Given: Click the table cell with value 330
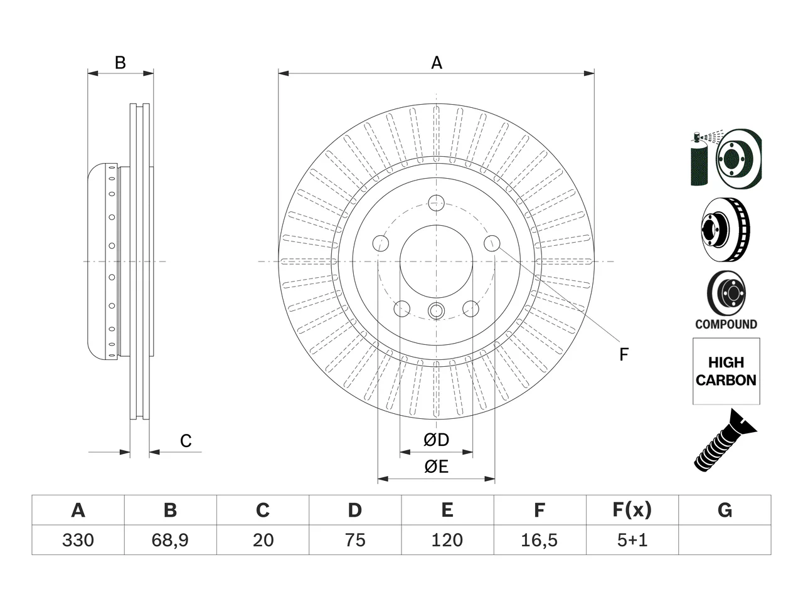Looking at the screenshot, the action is click(78, 540).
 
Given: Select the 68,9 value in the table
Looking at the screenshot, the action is click(171, 540).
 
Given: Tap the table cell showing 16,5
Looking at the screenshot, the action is click(540, 540).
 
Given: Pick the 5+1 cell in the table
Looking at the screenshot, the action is click(632, 540).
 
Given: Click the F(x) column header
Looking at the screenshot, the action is click(632, 510).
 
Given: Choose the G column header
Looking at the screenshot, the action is click(725, 510).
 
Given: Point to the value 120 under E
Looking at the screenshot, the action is click(447, 540).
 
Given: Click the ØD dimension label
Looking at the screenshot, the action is click(436, 440).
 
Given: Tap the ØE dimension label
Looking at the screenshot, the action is click(436, 467).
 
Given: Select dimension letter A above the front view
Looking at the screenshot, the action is click(437, 63).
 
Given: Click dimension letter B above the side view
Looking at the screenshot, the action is click(120, 63).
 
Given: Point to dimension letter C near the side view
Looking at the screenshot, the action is click(186, 441).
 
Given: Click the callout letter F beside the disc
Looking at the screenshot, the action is click(624, 354).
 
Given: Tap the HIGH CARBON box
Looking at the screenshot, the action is click(726, 371).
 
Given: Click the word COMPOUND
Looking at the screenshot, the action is click(726, 324).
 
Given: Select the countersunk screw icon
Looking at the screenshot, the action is click(725, 440).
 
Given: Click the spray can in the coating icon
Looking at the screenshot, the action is click(699, 160).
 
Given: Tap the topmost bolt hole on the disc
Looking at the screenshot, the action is click(436, 203).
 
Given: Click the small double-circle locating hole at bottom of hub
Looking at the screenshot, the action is click(436, 311).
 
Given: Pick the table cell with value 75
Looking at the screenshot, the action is click(355, 540).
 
